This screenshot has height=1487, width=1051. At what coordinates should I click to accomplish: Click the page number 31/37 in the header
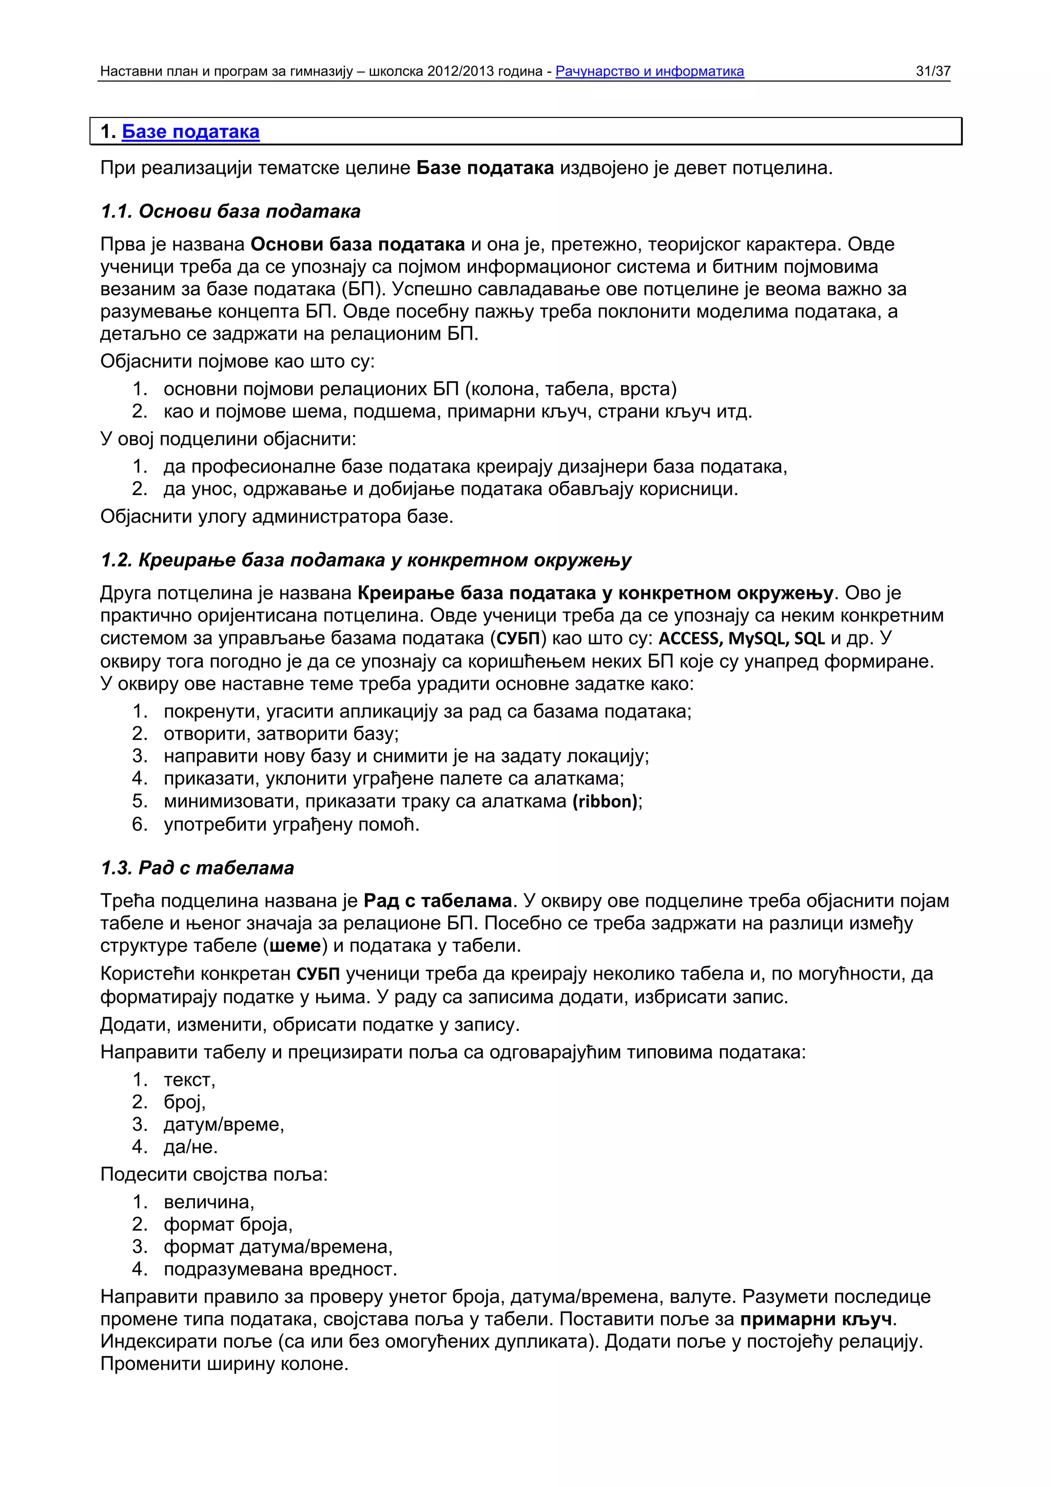(932, 71)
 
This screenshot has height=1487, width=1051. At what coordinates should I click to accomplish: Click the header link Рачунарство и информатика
(650, 71)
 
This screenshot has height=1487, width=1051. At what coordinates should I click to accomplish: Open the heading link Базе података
(190, 131)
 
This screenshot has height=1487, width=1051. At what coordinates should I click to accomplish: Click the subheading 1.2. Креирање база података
(366, 560)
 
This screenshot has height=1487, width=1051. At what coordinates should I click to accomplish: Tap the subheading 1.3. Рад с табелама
(198, 867)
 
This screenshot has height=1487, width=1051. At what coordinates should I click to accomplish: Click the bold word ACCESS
(690, 639)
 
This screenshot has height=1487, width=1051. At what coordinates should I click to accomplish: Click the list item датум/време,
(223, 1124)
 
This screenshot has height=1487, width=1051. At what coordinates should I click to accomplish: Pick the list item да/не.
(190, 1146)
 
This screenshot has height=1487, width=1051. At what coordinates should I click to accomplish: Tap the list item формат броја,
(228, 1224)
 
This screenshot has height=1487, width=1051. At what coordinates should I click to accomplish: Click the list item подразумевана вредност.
(280, 1269)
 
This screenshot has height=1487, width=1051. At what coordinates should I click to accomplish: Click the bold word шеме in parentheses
(295, 946)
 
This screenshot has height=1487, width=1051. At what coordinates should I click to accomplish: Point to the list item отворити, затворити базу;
(281, 734)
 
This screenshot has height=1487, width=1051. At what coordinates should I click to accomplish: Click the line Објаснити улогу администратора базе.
(277, 516)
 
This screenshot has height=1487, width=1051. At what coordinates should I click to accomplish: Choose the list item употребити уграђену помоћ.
(291, 825)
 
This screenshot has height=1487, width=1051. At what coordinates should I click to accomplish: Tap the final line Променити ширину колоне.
(224, 1363)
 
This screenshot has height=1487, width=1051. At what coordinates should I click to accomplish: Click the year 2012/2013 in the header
(457, 71)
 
